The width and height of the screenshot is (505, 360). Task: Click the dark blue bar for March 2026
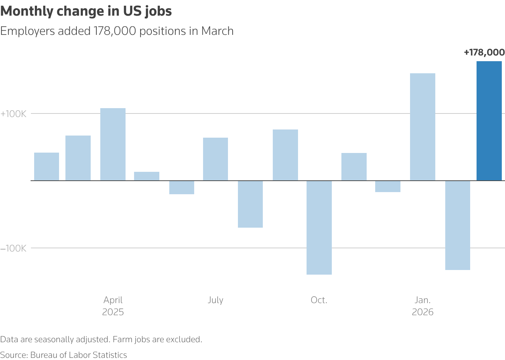pyautogui.click(x=489, y=121)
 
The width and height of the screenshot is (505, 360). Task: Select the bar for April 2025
pyautogui.click(x=113, y=144)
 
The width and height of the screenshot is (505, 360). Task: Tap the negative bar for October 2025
pyautogui.click(x=319, y=227)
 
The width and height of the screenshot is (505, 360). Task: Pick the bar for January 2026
pyautogui.click(x=422, y=127)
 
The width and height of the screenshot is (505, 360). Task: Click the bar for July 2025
pyautogui.click(x=216, y=159)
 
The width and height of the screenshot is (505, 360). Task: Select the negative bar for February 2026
pyautogui.click(x=457, y=225)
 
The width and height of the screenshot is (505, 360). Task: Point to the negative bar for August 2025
pyautogui.click(x=250, y=204)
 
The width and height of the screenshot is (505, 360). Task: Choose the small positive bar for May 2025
pyautogui.click(x=147, y=176)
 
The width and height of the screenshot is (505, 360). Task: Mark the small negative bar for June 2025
pyautogui.click(x=182, y=187)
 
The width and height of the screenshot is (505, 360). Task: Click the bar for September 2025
pyautogui.click(x=285, y=155)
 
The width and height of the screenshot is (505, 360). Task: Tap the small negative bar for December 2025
pyautogui.click(x=388, y=186)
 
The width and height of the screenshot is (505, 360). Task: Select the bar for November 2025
pyautogui.click(x=354, y=167)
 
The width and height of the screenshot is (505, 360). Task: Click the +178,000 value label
pyautogui.click(x=484, y=53)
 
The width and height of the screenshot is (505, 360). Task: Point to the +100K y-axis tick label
pyautogui.click(x=14, y=114)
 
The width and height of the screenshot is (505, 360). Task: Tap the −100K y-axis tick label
pyautogui.click(x=14, y=248)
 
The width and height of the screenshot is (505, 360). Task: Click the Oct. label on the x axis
pyautogui.click(x=319, y=300)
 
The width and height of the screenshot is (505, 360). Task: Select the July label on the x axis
pyautogui.click(x=216, y=300)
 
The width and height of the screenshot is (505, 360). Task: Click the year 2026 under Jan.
pyautogui.click(x=422, y=312)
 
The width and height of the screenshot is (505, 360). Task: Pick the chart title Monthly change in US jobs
pyautogui.click(x=86, y=11)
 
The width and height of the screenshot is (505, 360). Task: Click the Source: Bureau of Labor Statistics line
pyautogui.click(x=64, y=355)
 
